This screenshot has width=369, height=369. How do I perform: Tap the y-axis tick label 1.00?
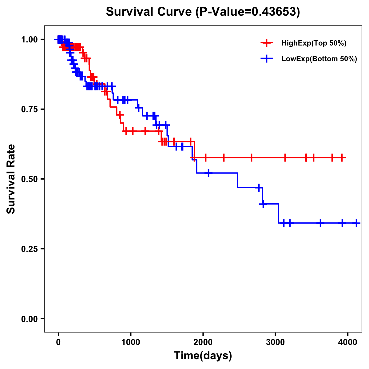pos(29,39)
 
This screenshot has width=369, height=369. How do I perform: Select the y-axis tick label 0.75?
pos(29,109)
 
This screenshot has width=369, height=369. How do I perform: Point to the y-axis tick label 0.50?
pos(29,179)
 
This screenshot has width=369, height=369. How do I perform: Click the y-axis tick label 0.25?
pos(29,249)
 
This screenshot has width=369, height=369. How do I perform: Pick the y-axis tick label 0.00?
pos(29,319)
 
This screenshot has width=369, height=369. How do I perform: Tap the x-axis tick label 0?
pos(58,342)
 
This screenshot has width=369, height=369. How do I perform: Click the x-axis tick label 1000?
pos(131,342)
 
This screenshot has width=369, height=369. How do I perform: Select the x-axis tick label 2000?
pos(203,342)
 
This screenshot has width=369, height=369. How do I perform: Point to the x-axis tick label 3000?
pos(276,342)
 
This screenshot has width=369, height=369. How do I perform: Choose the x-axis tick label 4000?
pos(348,342)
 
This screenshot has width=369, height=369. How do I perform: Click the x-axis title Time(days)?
pos(203,356)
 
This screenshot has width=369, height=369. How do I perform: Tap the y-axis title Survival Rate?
pos(11,179)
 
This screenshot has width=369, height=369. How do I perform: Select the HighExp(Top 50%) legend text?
pos(314,43)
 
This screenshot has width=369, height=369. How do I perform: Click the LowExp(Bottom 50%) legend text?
pos(319,59)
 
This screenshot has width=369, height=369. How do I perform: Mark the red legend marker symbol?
pos(267,43)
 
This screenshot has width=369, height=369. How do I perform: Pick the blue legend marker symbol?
pos(267,59)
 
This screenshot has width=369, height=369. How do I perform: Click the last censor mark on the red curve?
pos(342,158)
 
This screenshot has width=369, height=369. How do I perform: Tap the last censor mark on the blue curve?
pos(356,223)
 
